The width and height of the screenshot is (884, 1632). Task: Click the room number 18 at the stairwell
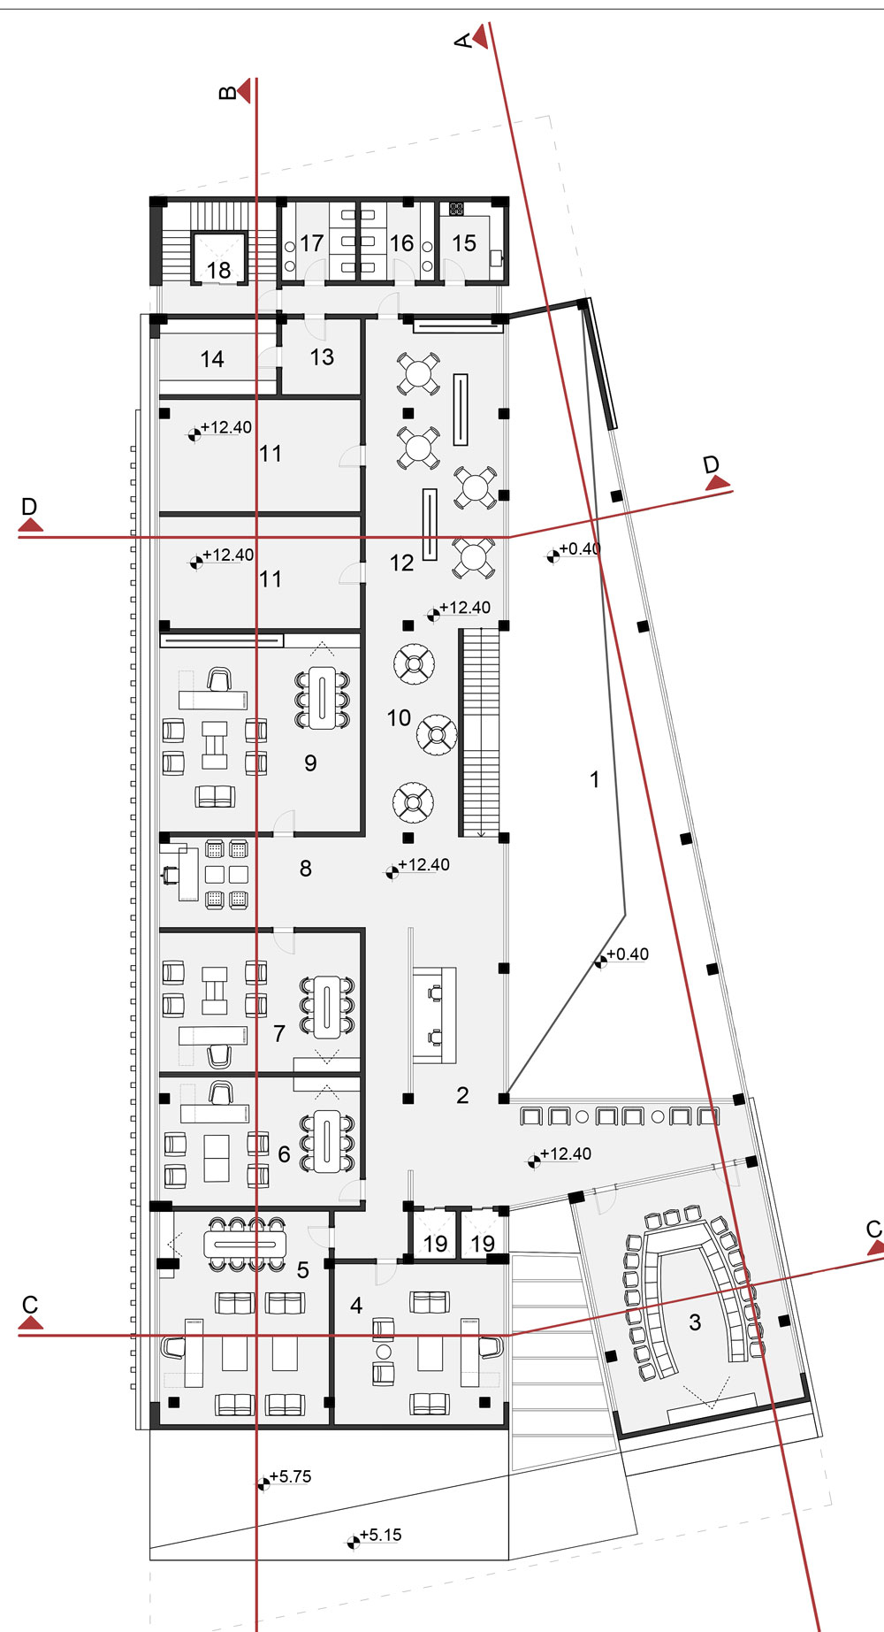point(218,270)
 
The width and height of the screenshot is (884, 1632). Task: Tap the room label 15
point(464,243)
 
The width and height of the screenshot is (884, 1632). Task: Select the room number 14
point(212,359)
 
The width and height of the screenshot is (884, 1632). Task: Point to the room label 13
point(322,356)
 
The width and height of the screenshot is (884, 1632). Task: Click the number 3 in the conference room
point(695,1322)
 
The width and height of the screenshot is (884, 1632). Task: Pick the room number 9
point(310,763)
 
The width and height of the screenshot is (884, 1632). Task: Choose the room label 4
point(356,1306)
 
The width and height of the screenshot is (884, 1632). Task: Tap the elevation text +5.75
point(291,1476)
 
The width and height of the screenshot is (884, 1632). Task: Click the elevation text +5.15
point(381,1535)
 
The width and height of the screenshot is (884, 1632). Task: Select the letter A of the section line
point(462,41)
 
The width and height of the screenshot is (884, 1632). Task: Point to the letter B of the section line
point(227,92)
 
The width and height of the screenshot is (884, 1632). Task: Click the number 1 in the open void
point(595,779)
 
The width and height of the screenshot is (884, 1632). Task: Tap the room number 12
point(401,563)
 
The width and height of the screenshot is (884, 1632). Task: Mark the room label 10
point(399,717)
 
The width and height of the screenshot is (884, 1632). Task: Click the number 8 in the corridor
point(306,869)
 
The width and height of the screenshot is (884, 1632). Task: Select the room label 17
point(311,243)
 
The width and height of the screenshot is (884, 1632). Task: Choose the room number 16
point(401,243)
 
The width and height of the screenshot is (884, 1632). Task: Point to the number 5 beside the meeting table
point(303,1270)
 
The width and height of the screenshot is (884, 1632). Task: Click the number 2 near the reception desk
point(462,1095)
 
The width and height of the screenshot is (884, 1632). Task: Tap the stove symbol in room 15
point(457,210)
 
